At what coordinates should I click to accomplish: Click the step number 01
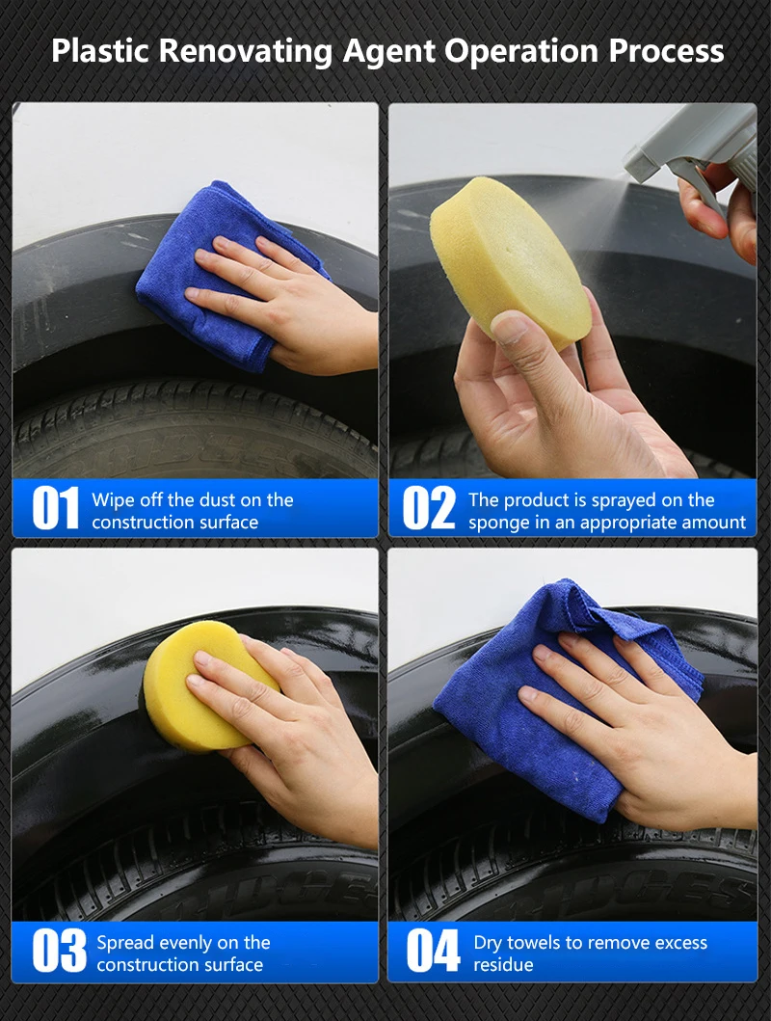click(x=55, y=509)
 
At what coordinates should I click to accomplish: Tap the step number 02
click(x=429, y=509)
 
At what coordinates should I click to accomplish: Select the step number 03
click(x=59, y=952)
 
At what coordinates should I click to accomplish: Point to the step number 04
click(x=433, y=952)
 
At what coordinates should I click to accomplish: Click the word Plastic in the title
click(x=100, y=50)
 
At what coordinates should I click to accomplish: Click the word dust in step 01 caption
click(x=223, y=499)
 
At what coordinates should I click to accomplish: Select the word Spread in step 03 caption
click(x=125, y=942)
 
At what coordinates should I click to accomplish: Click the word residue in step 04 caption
click(x=503, y=965)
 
